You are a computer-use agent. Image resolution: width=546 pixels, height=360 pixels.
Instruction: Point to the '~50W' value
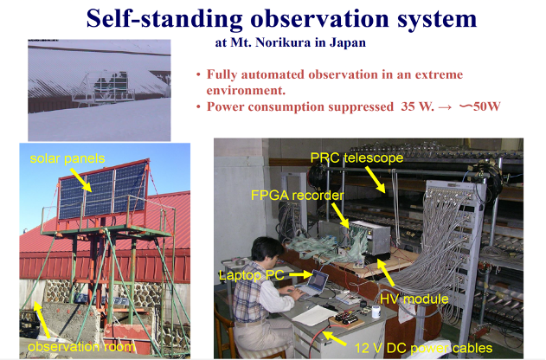(480, 106)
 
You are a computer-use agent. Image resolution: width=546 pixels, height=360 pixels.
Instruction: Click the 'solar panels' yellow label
(67, 158)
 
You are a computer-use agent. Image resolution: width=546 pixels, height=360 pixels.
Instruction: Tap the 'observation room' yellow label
(81, 347)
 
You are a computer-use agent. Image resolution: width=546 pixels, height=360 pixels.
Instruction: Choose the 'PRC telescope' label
(357, 157)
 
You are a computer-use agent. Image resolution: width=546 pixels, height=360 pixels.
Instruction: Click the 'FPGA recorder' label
(298, 196)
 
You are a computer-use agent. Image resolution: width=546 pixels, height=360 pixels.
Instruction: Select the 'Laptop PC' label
(252, 275)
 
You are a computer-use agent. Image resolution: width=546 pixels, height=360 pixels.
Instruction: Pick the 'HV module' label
(414, 299)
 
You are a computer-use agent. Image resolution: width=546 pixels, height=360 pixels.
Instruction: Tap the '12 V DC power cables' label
(423, 348)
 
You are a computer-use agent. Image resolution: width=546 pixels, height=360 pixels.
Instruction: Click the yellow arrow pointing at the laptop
(301, 274)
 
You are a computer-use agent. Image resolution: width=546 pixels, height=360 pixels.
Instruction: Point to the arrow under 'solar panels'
(81, 180)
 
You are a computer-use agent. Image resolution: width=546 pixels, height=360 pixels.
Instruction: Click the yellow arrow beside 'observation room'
(42, 320)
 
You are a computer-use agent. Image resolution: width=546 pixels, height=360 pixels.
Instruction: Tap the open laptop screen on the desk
(319, 280)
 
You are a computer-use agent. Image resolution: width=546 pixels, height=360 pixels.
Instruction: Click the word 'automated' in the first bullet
(273, 74)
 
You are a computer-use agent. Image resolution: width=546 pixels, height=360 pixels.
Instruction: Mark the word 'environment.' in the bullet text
(246, 91)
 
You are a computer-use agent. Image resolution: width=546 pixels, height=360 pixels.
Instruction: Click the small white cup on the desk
(376, 312)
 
